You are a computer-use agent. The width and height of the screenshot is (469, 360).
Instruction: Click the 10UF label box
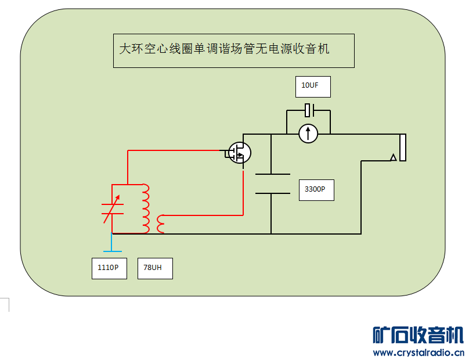click(313, 87)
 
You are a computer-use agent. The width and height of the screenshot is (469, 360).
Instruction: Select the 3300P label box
click(316, 189)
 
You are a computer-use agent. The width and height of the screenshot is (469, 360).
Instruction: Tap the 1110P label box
click(109, 268)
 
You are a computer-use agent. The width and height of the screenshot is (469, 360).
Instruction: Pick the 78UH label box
click(155, 268)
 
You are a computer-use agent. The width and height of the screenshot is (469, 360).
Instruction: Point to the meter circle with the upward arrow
click(308, 134)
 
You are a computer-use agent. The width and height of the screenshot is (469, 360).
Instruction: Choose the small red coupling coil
click(160, 224)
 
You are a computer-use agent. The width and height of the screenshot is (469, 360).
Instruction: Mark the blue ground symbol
click(112, 243)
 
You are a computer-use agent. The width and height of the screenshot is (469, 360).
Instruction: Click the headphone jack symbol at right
click(402, 147)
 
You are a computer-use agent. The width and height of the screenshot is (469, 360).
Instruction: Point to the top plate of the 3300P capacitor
click(272, 174)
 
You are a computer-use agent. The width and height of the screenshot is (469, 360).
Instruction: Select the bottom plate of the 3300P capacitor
click(272, 193)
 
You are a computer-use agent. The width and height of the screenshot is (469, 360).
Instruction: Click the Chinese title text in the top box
click(224, 49)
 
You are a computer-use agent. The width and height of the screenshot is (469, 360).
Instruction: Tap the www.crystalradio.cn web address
click(418, 352)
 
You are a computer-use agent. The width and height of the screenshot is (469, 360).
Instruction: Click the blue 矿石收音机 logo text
click(418, 335)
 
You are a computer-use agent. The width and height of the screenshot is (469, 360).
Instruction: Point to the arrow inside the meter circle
click(308, 134)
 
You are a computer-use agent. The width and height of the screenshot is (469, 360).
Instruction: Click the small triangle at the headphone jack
click(393, 157)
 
